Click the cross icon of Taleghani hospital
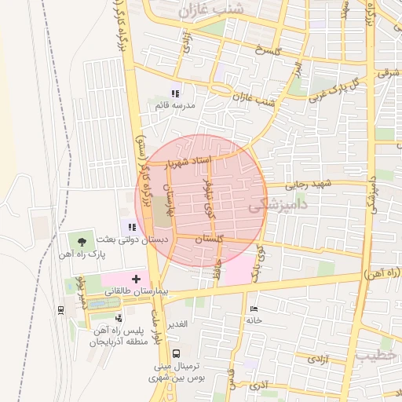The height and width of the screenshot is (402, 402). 137,279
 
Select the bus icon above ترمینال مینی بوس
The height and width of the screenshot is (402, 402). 176,354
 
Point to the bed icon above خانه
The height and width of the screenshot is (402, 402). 253,309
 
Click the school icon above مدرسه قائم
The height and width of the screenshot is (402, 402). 176,93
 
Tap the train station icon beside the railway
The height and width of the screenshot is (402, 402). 61,309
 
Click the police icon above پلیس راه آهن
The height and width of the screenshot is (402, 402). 118,318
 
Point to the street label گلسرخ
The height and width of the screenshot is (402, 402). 267,50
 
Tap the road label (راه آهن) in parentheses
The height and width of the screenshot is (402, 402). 383,272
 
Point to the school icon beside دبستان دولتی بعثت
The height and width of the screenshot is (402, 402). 132,227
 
